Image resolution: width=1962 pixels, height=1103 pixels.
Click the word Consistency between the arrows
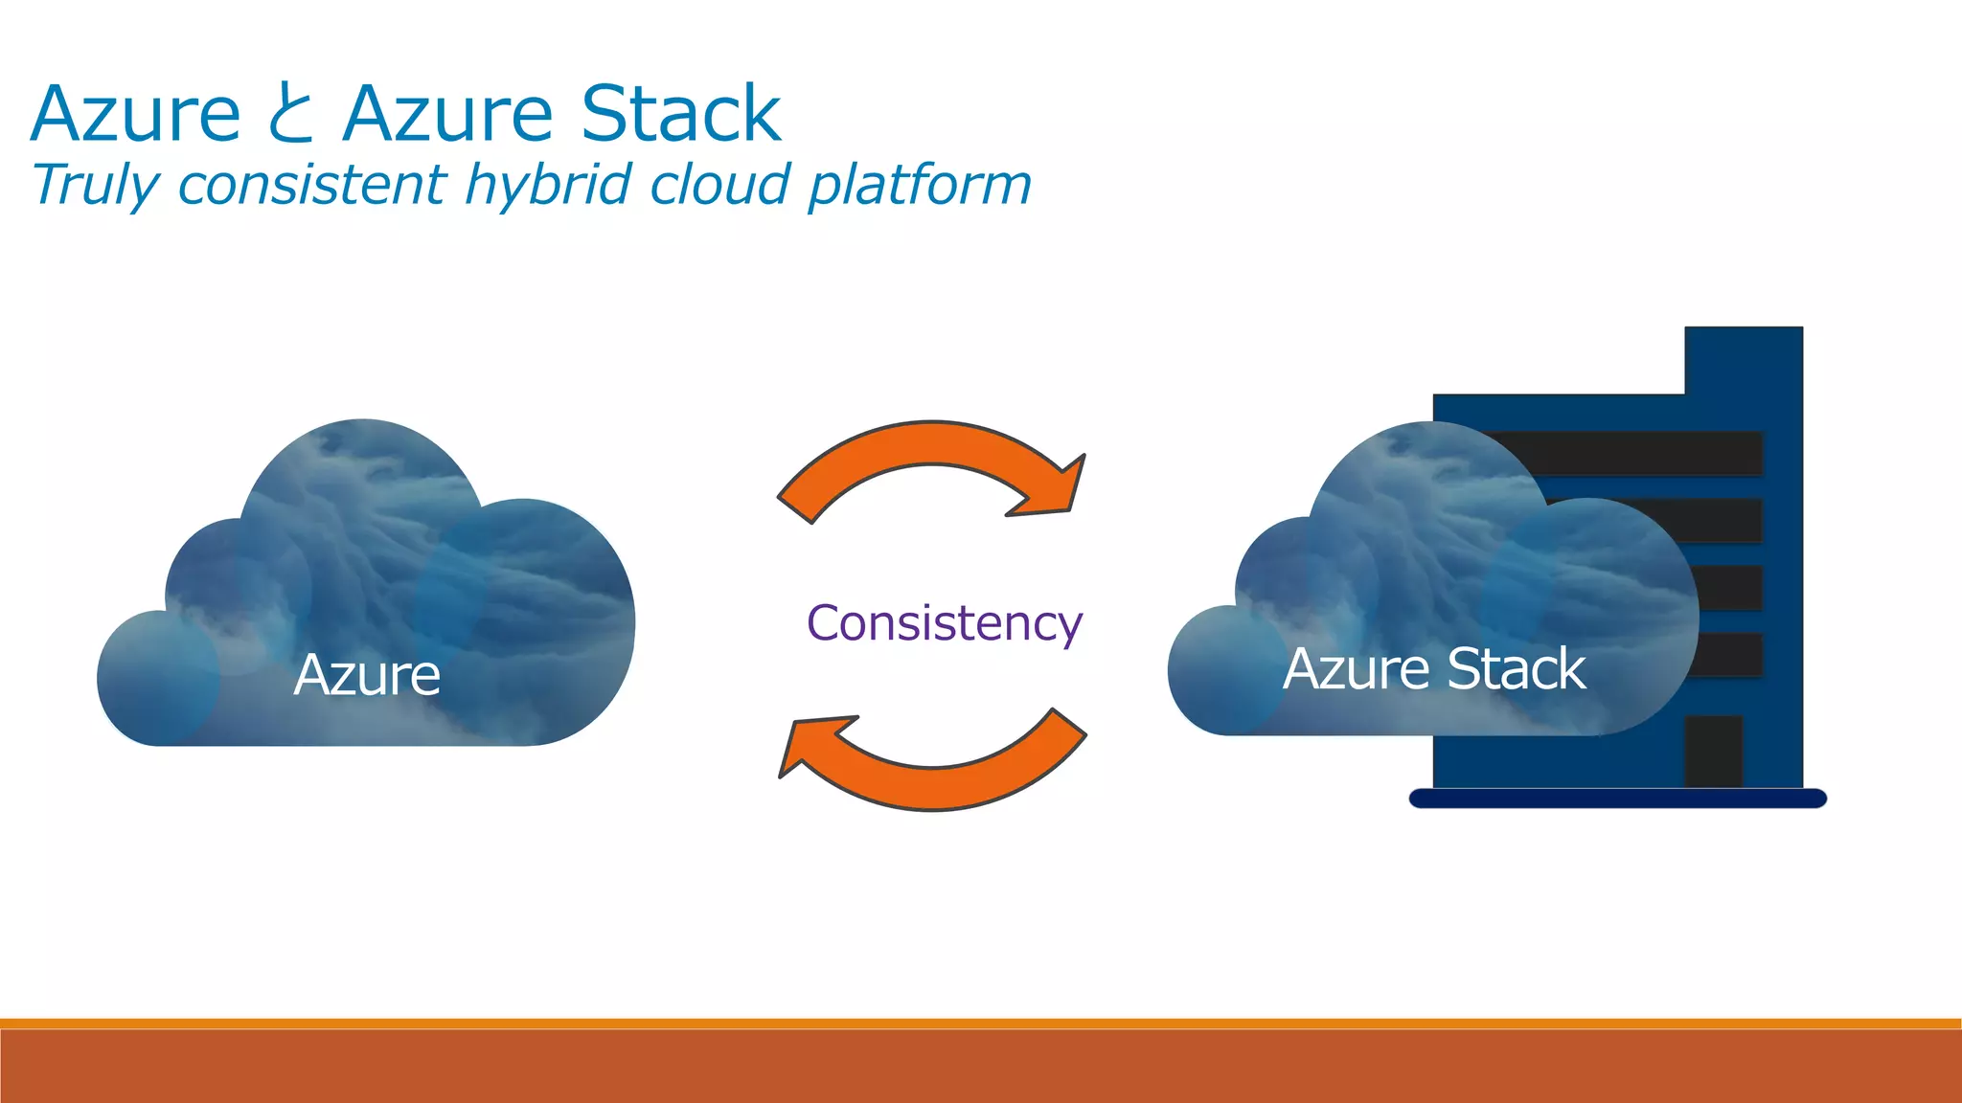coord(945,623)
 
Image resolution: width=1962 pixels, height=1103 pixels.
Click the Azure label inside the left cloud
coord(367,675)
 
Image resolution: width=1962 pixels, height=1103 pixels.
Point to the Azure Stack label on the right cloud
coord(1433,668)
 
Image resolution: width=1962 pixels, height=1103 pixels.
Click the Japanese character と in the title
coord(290,115)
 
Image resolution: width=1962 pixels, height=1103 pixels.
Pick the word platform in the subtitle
coord(920,185)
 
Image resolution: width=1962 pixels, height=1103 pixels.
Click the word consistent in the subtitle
coord(312,185)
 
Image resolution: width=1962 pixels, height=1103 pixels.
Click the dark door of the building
coord(1713,751)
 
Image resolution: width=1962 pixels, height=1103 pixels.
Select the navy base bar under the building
coord(1617,799)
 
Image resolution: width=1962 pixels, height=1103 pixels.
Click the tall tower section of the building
coord(1744,364)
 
